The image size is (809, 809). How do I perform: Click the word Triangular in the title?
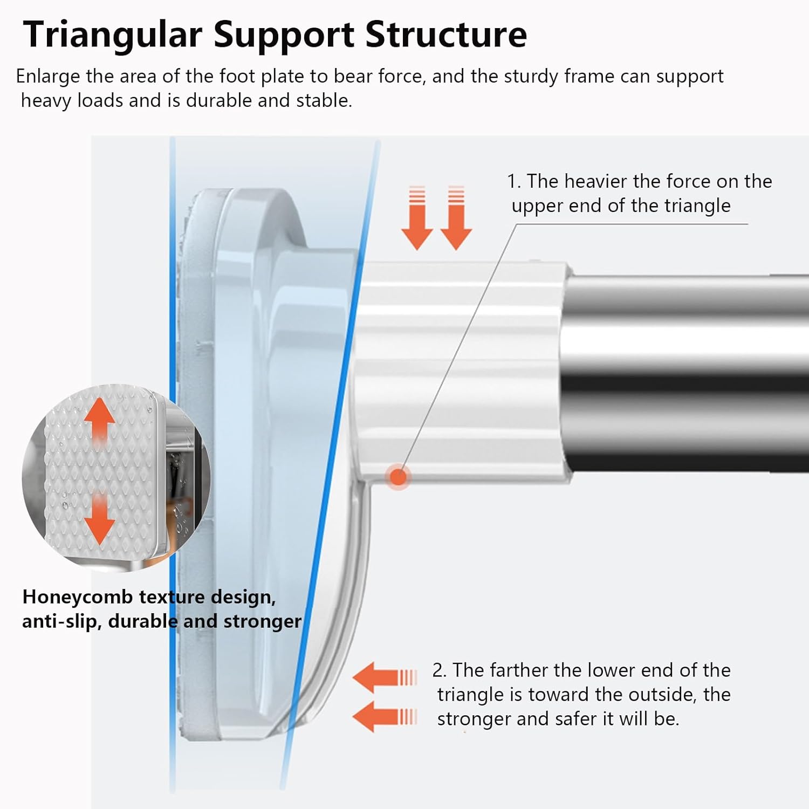pos(113,35)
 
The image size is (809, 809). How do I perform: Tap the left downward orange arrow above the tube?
pos(417,218)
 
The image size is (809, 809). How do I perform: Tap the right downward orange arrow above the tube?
pos(456,218)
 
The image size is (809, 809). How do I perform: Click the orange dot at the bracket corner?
pos(398,477)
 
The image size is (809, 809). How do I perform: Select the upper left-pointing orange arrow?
pos(385,677)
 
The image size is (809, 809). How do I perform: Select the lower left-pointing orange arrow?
pos(385,717)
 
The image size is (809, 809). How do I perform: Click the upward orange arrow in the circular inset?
pos(100,423)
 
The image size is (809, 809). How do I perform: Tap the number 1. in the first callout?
pos(513,181)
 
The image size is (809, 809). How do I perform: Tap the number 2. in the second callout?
pos(440,670)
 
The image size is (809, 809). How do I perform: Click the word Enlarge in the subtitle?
pos(48,77)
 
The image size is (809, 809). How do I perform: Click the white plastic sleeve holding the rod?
pos(458,372)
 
